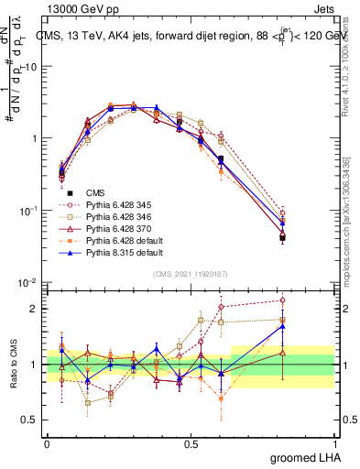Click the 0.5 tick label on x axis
pyautogui.click(x=191, y=443)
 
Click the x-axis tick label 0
pyautogui.click(x=47, y=443)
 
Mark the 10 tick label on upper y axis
pyautogui.click(x=33, y=67)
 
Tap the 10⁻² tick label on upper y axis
pyautogui.click(x=30, y=283)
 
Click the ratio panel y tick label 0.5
pyautogui.click(x=32, y=420)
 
